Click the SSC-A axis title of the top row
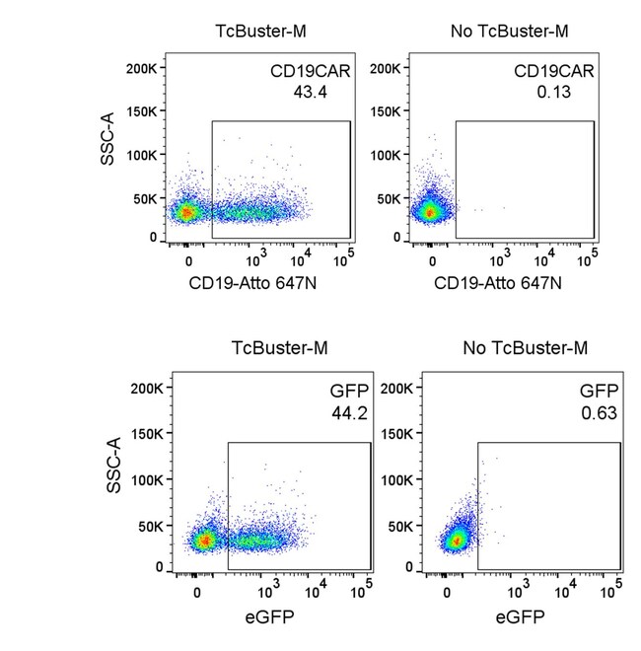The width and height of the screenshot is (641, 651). coord(109,152)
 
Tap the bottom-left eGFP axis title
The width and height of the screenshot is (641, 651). coord(276,619)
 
